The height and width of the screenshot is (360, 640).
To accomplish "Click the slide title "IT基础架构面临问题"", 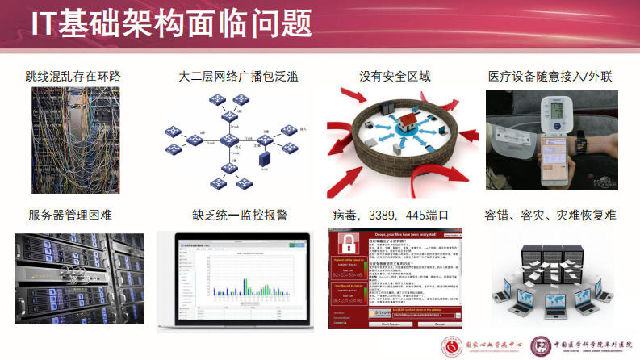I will coord(171,24).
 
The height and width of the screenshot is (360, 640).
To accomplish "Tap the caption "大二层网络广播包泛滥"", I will coord(238,77).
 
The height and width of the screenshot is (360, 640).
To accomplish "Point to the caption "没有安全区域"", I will coord(395,77).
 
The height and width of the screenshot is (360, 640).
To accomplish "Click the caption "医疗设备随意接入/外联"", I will coord(550,77).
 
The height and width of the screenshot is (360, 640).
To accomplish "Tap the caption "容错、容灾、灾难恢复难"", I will coord(550,216).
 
